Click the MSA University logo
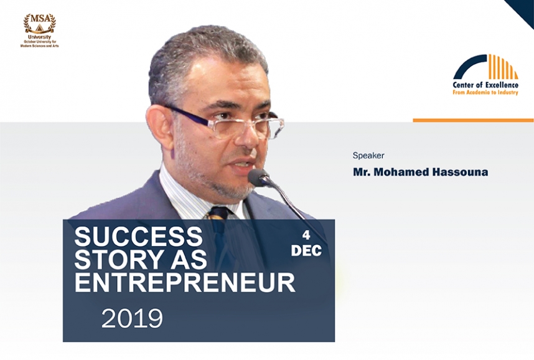[x=39, y=31]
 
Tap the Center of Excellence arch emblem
[x=486, y=67]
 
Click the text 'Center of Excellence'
[x=485, y=85]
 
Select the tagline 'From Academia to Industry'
[x=485, y=92]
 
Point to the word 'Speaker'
[x=368, y=156]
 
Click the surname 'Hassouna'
[x=460, y=172]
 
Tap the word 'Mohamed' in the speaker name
[x=401, y=172]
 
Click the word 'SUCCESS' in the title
[x=138, y=236]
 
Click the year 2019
[x=132, y=319]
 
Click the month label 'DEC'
[x=306, y=251]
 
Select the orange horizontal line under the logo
[x=474, y=120]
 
